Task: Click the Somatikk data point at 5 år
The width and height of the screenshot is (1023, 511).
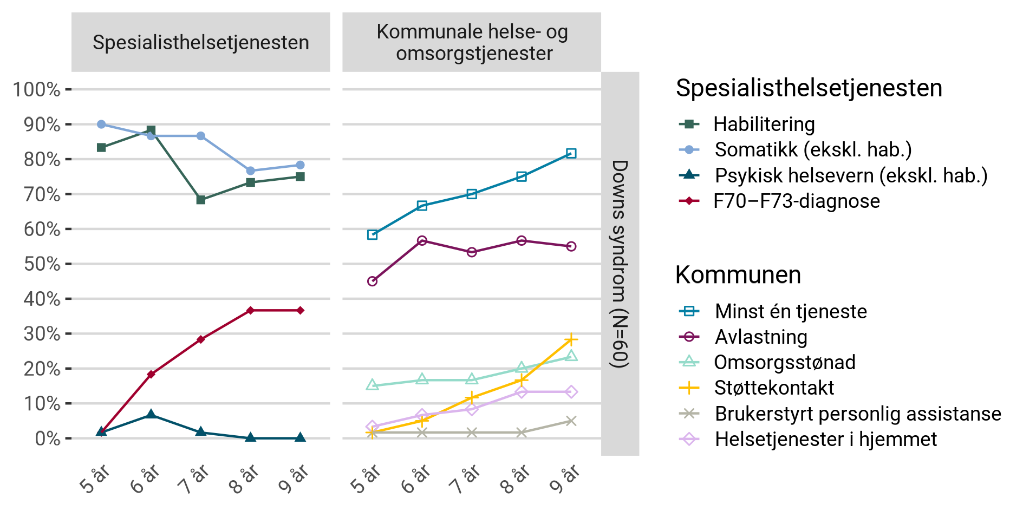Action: [101, 125]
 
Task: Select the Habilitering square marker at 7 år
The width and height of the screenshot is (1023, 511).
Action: [201, 200]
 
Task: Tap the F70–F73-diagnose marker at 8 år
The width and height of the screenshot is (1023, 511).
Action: [250, 310]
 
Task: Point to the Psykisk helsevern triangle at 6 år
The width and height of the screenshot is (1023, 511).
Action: [151, 415]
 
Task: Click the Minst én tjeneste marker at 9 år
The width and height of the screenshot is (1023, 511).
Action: [571, 154]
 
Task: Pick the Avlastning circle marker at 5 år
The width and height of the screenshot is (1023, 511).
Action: [372, 281]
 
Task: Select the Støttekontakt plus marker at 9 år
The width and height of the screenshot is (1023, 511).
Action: [571, 339]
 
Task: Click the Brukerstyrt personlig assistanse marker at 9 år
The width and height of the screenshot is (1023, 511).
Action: [571, 421]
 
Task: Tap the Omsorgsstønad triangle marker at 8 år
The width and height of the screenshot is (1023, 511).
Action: [521, 368]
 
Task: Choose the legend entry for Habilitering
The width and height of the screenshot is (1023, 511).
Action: [764, 125]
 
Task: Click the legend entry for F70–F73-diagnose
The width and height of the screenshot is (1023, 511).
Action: [796, 201]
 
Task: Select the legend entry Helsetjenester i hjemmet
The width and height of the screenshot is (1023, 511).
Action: [825, 440]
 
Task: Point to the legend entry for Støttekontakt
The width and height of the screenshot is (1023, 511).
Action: [774, 388]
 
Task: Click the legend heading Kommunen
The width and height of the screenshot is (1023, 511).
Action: [738, 275]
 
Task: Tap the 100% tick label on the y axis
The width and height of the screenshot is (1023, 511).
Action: [37, 90]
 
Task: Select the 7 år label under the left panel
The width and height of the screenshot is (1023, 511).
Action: [194, 479]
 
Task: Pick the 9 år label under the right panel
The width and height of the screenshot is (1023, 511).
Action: [564, 479]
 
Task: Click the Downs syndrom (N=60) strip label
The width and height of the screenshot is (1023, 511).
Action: [620, 264]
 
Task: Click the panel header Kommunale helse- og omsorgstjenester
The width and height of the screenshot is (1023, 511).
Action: [472, 42]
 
